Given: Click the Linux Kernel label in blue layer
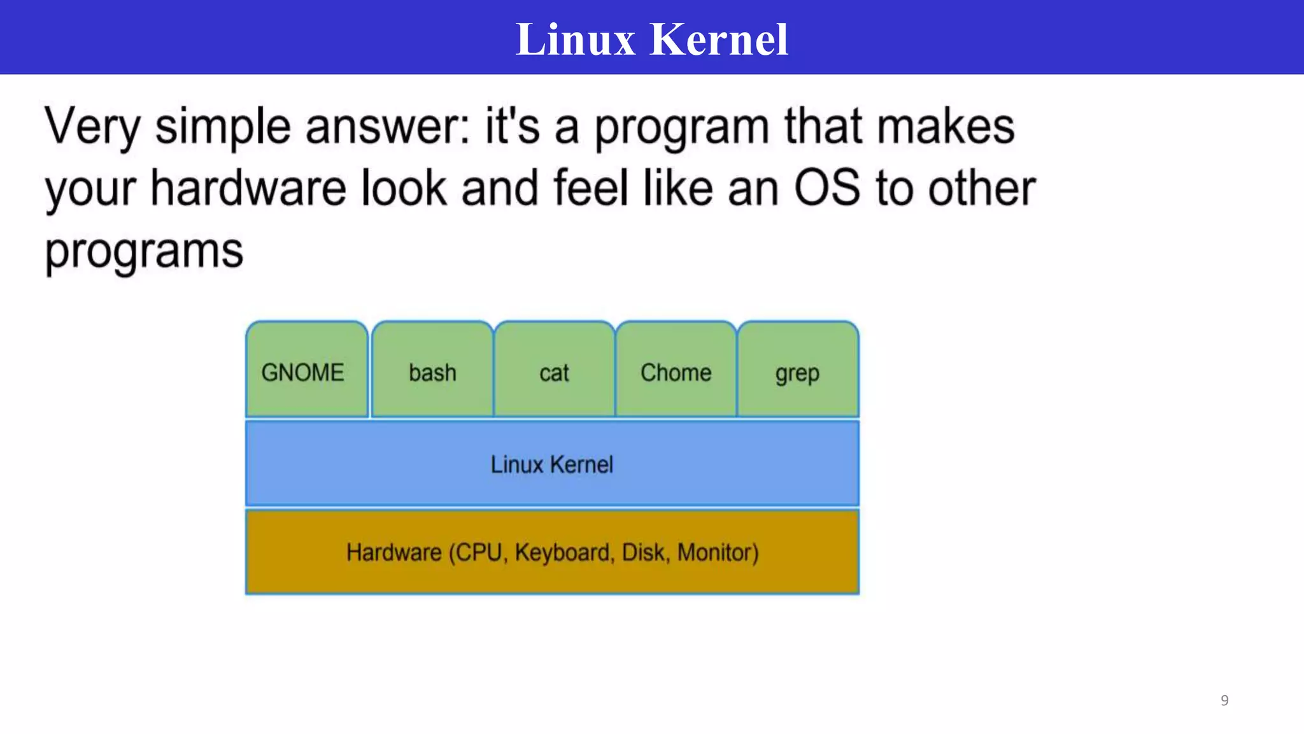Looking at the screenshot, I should click(551, 464).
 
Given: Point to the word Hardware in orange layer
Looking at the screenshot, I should click(393, 552).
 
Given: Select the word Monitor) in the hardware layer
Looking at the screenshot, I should click(718, 552).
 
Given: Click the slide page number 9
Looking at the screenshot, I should click(1224, 700).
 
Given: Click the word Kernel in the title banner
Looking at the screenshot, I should click(719, 40).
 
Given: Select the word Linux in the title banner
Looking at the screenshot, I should click(575, 40).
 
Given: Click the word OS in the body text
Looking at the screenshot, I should click(826, 188).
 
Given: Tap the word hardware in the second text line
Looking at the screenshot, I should click(248, 188).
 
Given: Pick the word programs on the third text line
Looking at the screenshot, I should click(144, 251).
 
